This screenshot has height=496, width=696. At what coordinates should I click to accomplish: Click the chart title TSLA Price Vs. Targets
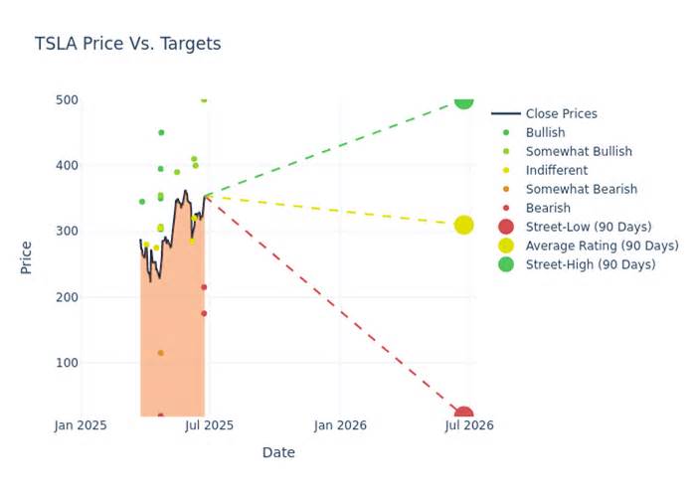pos(127,44)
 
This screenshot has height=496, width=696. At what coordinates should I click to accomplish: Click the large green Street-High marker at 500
pos(463,99)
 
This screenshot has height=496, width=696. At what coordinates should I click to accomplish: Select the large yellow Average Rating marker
pos(463,226)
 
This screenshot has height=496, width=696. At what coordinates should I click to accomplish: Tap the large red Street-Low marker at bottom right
pos(463,414)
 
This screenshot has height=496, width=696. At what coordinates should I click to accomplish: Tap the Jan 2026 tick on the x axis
pos(340,425)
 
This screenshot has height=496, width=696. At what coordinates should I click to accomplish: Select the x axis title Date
pos(278,452)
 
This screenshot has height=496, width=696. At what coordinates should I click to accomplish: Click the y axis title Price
pos(27,257)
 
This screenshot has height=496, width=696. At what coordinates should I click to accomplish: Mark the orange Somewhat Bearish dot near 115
pos(160,353)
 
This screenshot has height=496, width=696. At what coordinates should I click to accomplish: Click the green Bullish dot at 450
pos(161,132)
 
